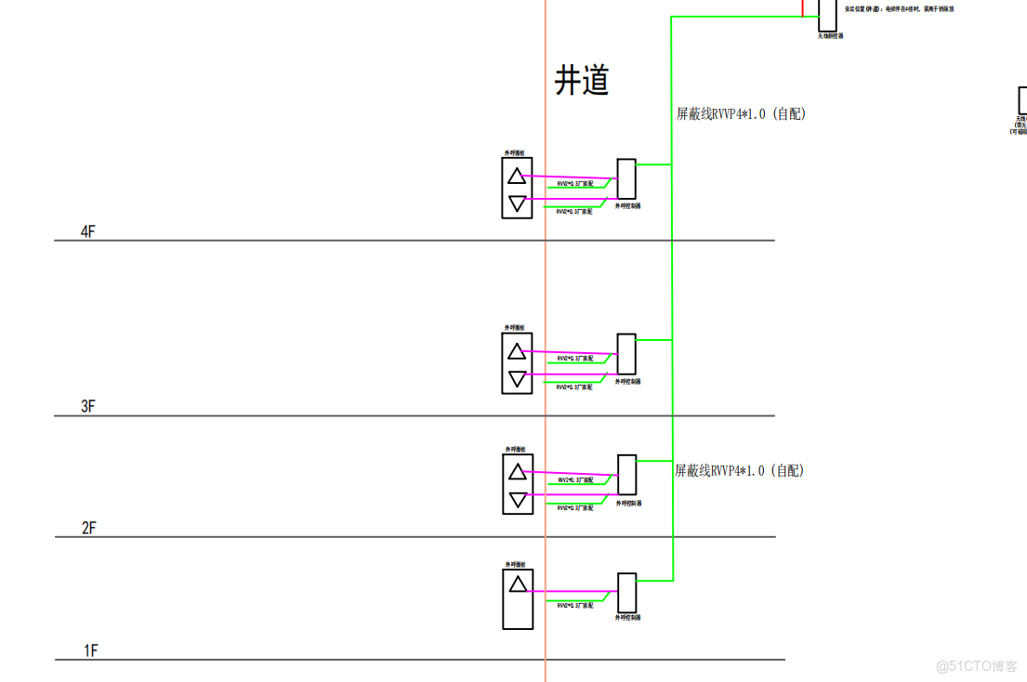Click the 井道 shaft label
582,81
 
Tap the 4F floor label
88,231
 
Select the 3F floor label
88,406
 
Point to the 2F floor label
88,528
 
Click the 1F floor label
90,650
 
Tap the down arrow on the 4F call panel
517,202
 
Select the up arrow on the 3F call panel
517,350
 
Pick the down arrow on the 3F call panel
517,377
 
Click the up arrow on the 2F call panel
517,472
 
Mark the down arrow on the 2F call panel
517,500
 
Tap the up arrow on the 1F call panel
517,584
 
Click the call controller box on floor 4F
626,179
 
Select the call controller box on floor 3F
626,354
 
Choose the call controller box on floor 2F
626,475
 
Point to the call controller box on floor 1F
626,592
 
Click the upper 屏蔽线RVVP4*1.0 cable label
740,114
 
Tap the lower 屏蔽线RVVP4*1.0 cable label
739,471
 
